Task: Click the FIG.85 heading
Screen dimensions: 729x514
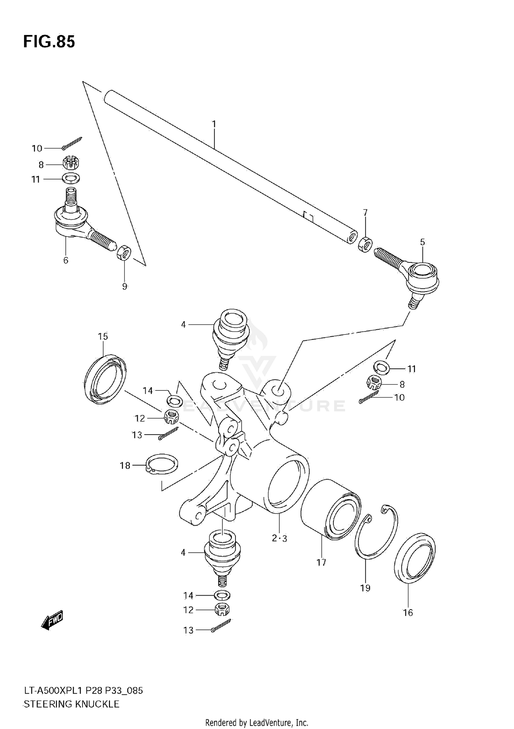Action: click(x=49, y=42)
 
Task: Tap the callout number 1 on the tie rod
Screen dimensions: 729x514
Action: click(x=214, y=124)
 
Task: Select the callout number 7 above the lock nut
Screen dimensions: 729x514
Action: click(x=365, y=212)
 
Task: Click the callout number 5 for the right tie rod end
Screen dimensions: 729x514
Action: click(x=423, y=242)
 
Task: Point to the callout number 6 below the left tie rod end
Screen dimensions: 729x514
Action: click(x=66, y=260)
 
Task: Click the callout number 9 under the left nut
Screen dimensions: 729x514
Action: click(x=125, y=286)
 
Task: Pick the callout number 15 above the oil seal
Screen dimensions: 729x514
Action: click(x=103, y=337)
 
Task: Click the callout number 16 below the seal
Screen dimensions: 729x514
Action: click(x=408, y=612)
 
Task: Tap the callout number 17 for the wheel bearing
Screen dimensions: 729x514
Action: click(x=321, y=562)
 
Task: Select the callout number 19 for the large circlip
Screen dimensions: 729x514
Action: click(x=365, y=588)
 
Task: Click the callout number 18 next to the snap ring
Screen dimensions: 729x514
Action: click(x=125, y=466)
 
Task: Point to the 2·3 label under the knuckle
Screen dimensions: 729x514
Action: click(x=279, y=538)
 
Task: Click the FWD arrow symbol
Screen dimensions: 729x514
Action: click(x=52, y=620)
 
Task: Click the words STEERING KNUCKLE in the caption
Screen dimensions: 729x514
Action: click(x=71, y=704)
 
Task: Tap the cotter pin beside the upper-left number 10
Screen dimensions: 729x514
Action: click(x=72, y=143)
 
